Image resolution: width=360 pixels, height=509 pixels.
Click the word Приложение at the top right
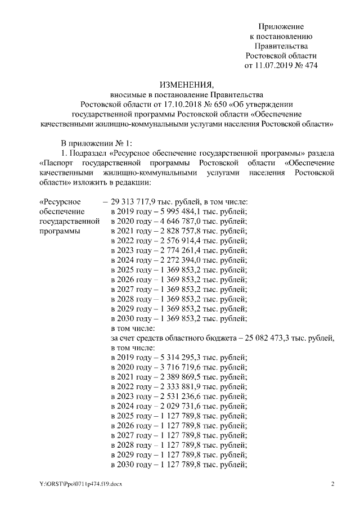pos(281,26)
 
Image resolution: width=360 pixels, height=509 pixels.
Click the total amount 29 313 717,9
pos(134,202)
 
